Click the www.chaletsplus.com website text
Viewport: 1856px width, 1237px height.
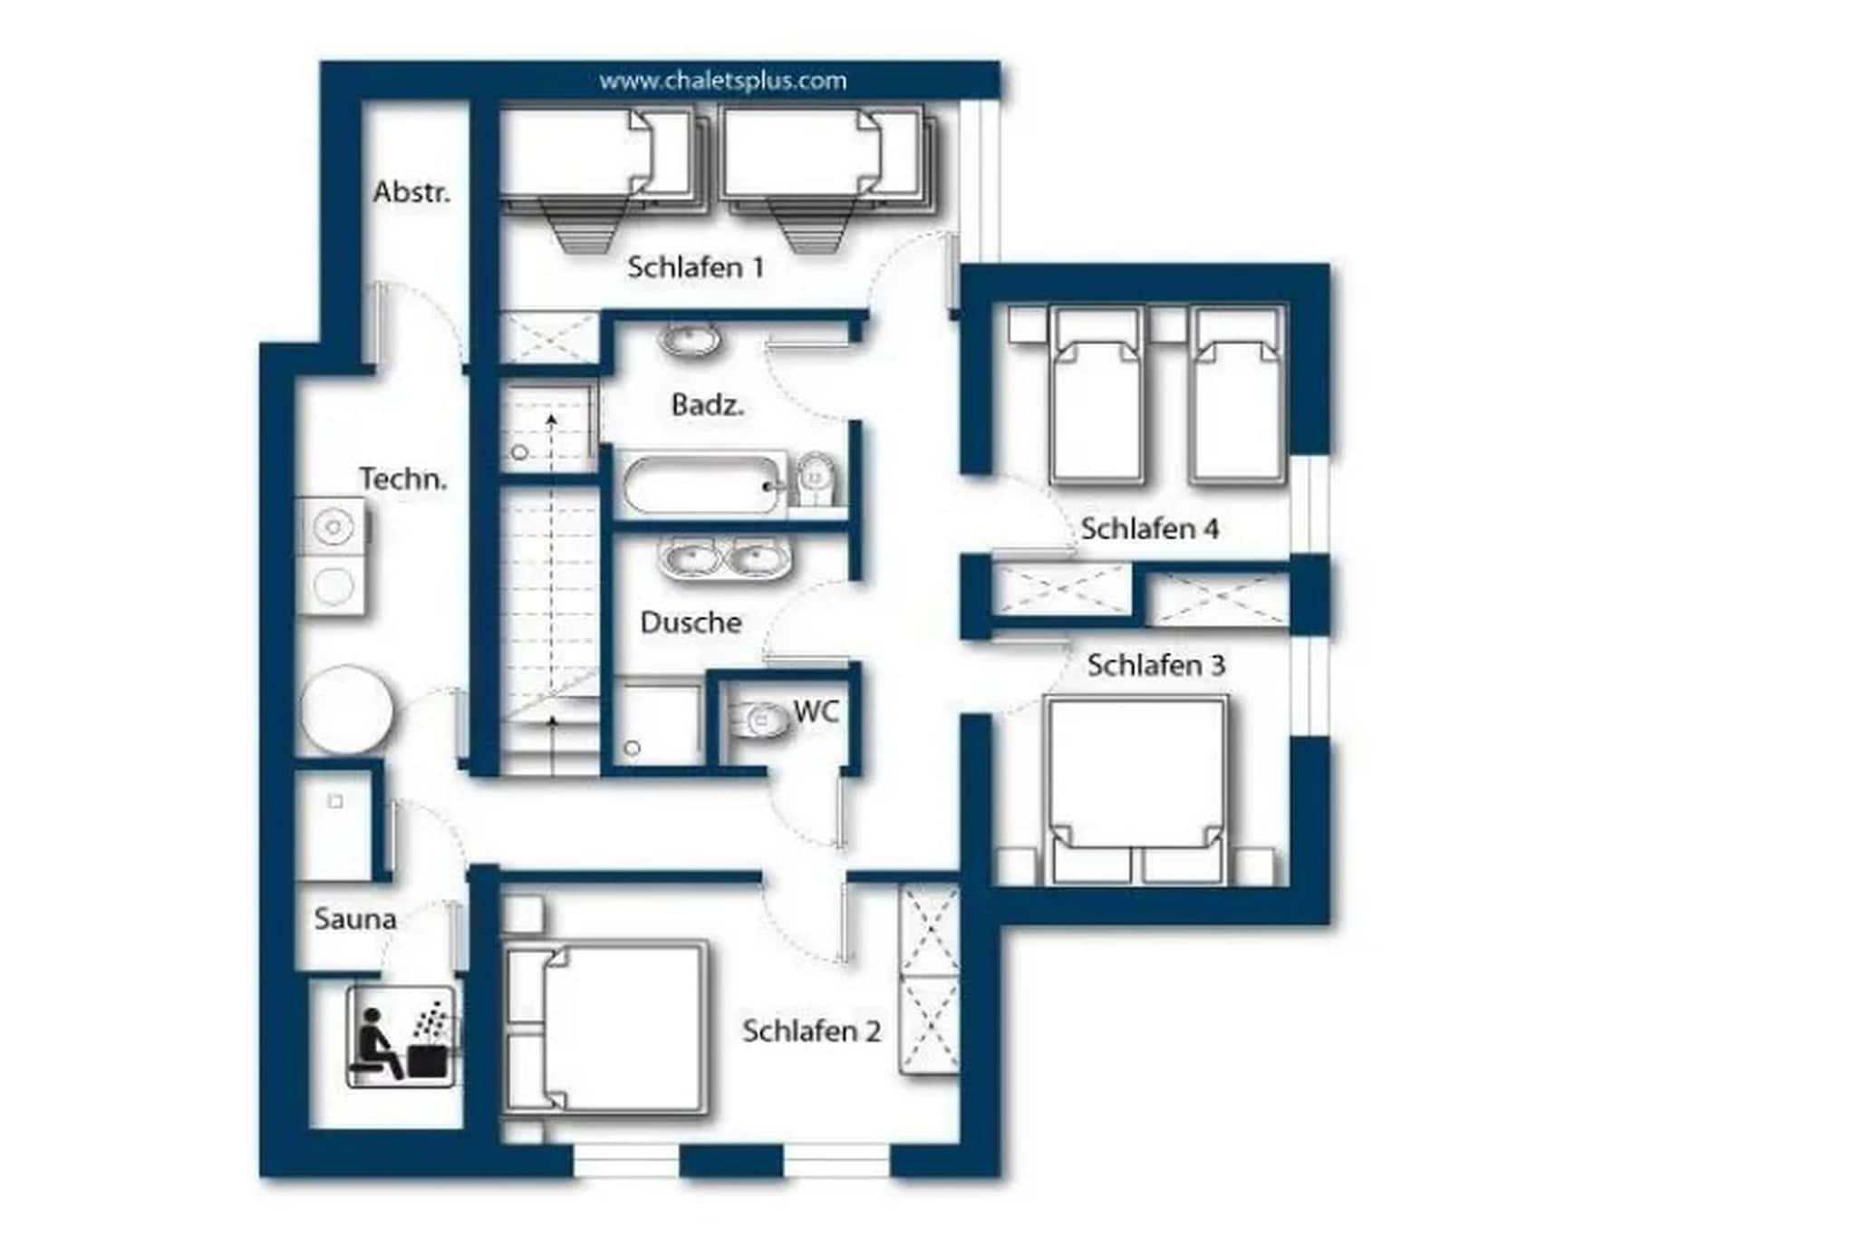(722, 82)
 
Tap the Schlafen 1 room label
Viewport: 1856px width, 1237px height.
(695, 267)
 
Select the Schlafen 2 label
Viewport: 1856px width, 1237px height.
(811, 1031)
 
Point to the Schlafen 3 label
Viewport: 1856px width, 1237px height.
(1155, 665)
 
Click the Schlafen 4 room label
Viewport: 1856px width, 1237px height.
(1149, 529)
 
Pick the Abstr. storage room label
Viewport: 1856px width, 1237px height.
(411, 192)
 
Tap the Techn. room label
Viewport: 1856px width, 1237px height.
(403, 478)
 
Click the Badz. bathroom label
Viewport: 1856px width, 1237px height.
(708, 405)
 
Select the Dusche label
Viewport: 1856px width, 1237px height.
(691, 623)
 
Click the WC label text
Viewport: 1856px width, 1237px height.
(817, 711)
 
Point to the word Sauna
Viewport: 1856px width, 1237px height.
(355, 919)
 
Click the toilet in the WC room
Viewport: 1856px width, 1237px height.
(758, 721)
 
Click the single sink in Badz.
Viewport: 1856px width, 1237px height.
(691, 341)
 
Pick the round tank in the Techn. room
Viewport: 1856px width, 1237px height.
(347, 710)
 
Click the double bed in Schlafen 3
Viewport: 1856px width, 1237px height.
(1136, 789)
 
